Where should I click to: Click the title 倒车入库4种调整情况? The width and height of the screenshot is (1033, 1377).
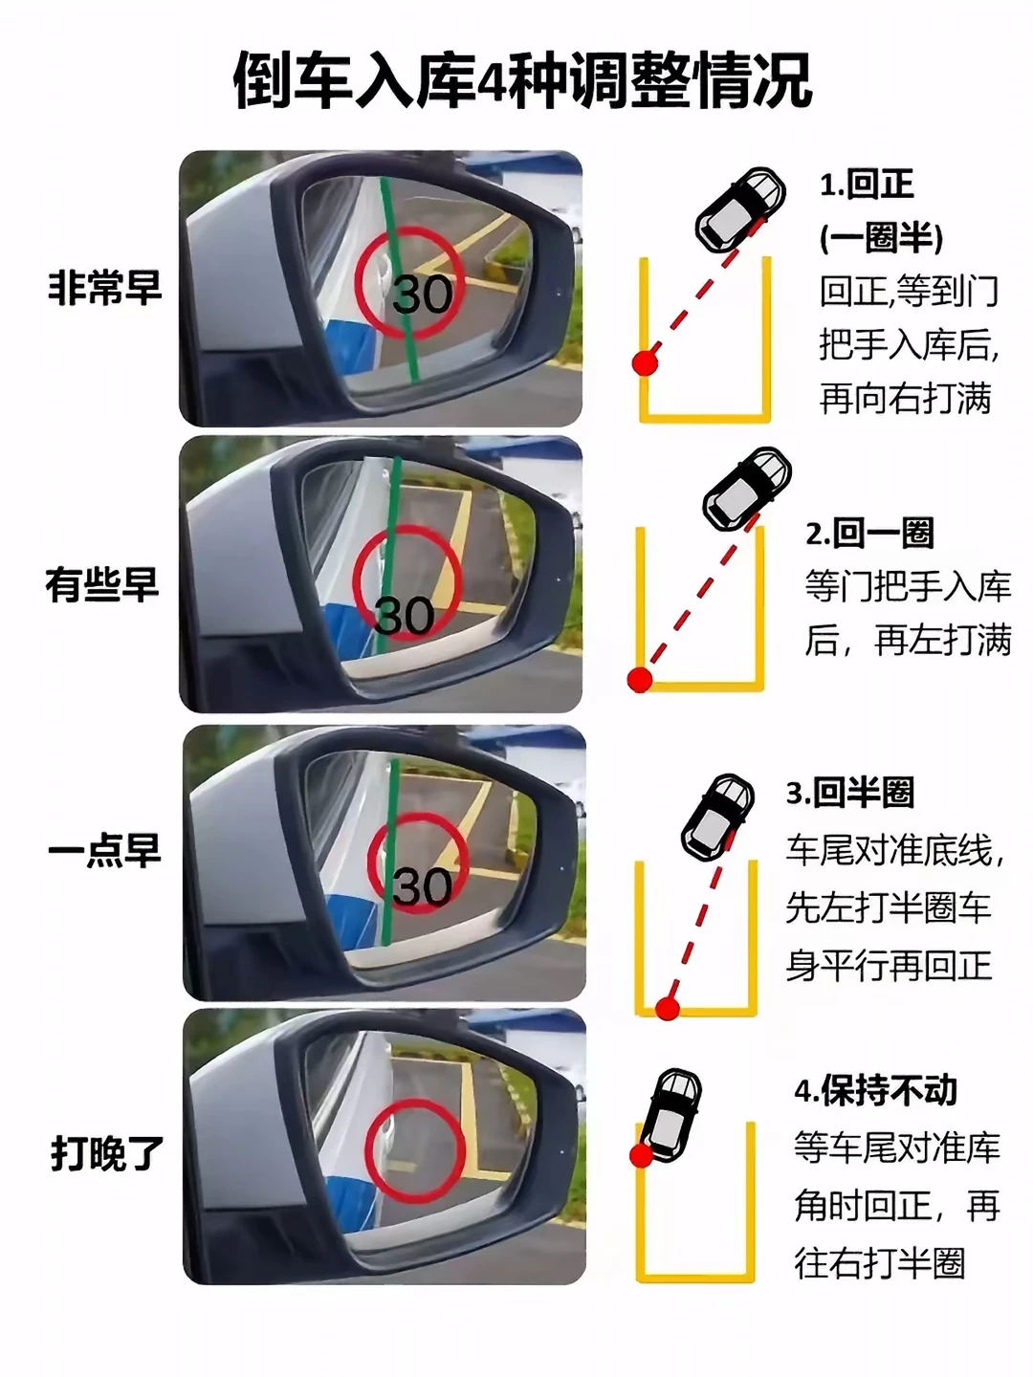pyautogui.click(x=522, y=81)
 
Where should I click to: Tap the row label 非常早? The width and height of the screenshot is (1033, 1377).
pyautogui.click(x=105, y=287)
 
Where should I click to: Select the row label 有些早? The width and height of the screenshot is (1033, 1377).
pyautogui.click(x=102, y=584)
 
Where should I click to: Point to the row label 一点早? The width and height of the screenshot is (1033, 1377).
pyautogui.click(x=104, y=850)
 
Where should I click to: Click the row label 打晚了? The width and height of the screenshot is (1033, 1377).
pyautogui.click(x=107, y=1153)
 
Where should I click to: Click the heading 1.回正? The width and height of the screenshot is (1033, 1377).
pyautogui.click(x=867, y=185)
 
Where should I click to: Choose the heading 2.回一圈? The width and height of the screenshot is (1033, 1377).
pyautogui.click(x=869, y=533)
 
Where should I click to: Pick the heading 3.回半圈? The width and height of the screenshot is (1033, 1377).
pyautogui.click(x=850, y=793)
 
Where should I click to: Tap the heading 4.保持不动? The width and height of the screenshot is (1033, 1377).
pyautogui.click(x=875, y=1090)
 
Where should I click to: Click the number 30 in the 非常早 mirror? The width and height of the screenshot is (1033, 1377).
pyautogui.click(x=422, y=294)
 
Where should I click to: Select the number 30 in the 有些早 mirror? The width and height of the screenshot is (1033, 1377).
pyautogui.click(x=405, y=616)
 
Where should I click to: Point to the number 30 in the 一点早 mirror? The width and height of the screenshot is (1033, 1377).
pyautogui.click(x=422, y=886)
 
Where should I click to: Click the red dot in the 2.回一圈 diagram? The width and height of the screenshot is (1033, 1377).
pyautogui.click(x=640, y=680)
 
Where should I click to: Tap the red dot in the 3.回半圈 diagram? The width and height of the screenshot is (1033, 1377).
pyautogui.click(x=668, y=1008)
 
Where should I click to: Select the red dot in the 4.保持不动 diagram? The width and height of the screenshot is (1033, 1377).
pyautogui.click(x=641, y=1155)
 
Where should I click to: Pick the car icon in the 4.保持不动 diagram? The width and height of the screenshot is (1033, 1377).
pyautogui.click(x=672, y=1110)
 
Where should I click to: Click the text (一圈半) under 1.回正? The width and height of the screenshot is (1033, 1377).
pyautogui.click(x=881, y=237)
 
